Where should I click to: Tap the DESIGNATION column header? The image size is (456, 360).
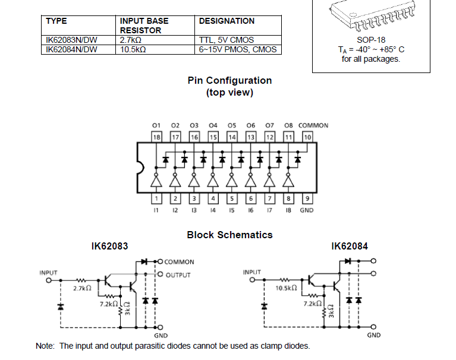coord(227,21)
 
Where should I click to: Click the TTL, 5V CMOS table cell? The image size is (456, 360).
coord(226,40)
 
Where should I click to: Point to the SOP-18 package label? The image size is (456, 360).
coord(370,40)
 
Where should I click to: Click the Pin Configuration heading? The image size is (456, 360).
coord(229,80)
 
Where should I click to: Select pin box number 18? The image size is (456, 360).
coord(156,137)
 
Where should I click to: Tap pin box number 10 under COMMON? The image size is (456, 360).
coord(307,137)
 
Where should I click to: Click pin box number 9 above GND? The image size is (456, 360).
coord(307,198)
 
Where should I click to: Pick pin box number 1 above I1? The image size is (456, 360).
coord(156,198)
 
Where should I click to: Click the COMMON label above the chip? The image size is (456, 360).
coord(313,125)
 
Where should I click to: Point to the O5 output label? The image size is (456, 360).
coord(232,125)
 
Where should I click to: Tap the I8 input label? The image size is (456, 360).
coord(288,210)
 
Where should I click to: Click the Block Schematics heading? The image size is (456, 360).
coord(229,235)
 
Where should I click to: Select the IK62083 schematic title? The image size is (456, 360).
coord(109,245)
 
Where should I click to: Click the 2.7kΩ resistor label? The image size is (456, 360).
coord(81,288)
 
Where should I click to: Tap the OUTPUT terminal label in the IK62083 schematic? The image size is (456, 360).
coord(178,275)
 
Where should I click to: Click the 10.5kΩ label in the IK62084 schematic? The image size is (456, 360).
coord(286,288)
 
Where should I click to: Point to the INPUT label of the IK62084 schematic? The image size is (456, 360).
coord(252,272)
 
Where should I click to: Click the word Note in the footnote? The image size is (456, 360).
coord(45,346)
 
